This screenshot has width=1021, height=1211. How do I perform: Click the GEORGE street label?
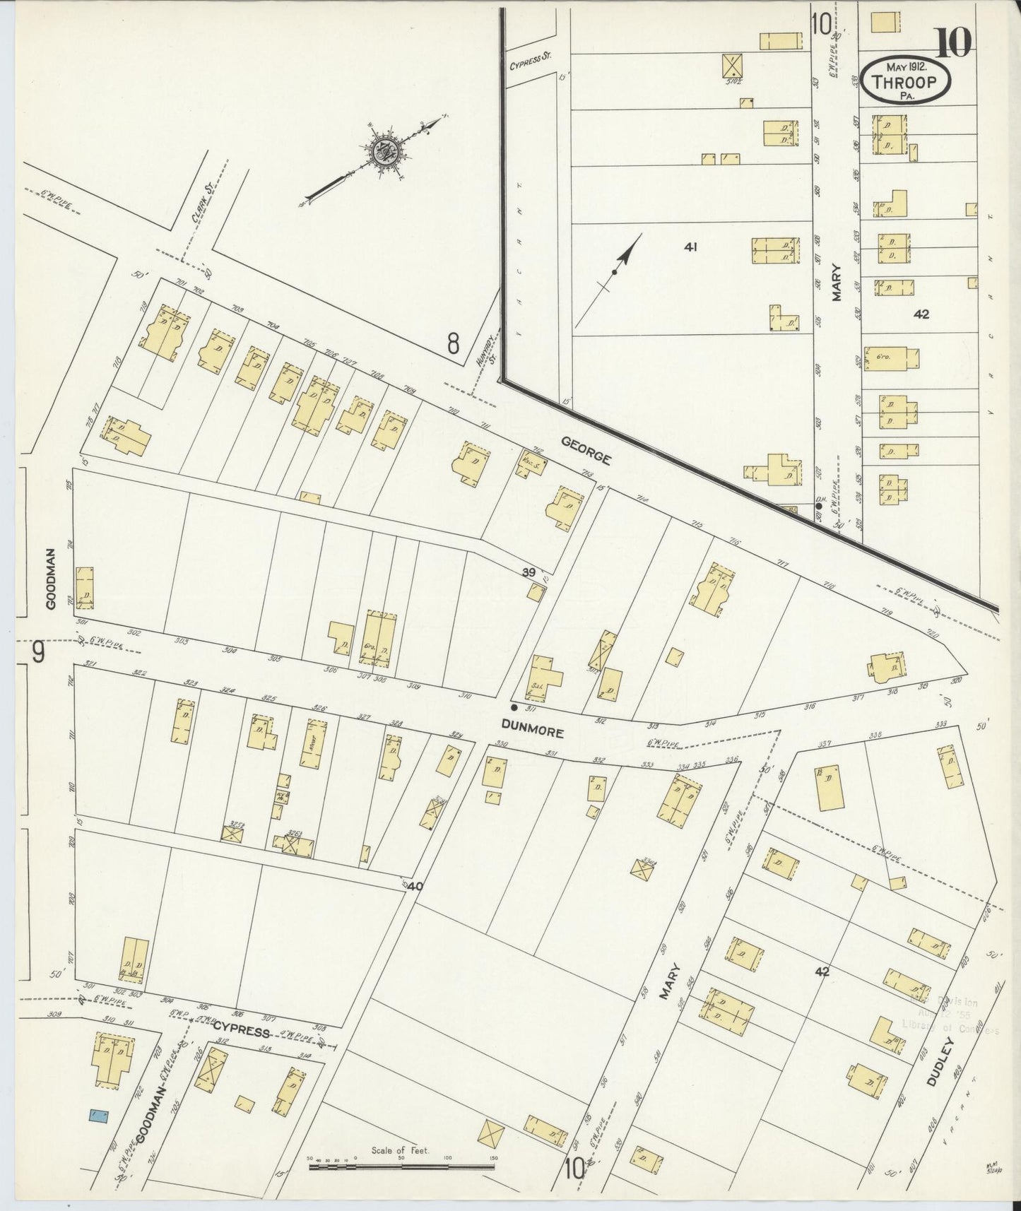coord(586,450)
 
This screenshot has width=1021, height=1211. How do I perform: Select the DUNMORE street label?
coord(533,724)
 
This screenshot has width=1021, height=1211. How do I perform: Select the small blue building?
coord(98,1116)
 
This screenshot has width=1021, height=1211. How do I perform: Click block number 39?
coord(528,573)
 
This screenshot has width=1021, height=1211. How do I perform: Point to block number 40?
coord(415,885)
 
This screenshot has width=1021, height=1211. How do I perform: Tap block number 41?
coord(690,247)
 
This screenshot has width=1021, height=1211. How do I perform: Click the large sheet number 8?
coord(453,344)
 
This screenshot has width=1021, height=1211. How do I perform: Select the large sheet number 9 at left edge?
coord(37,651)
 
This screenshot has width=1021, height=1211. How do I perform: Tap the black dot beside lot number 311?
coord(514,707)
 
